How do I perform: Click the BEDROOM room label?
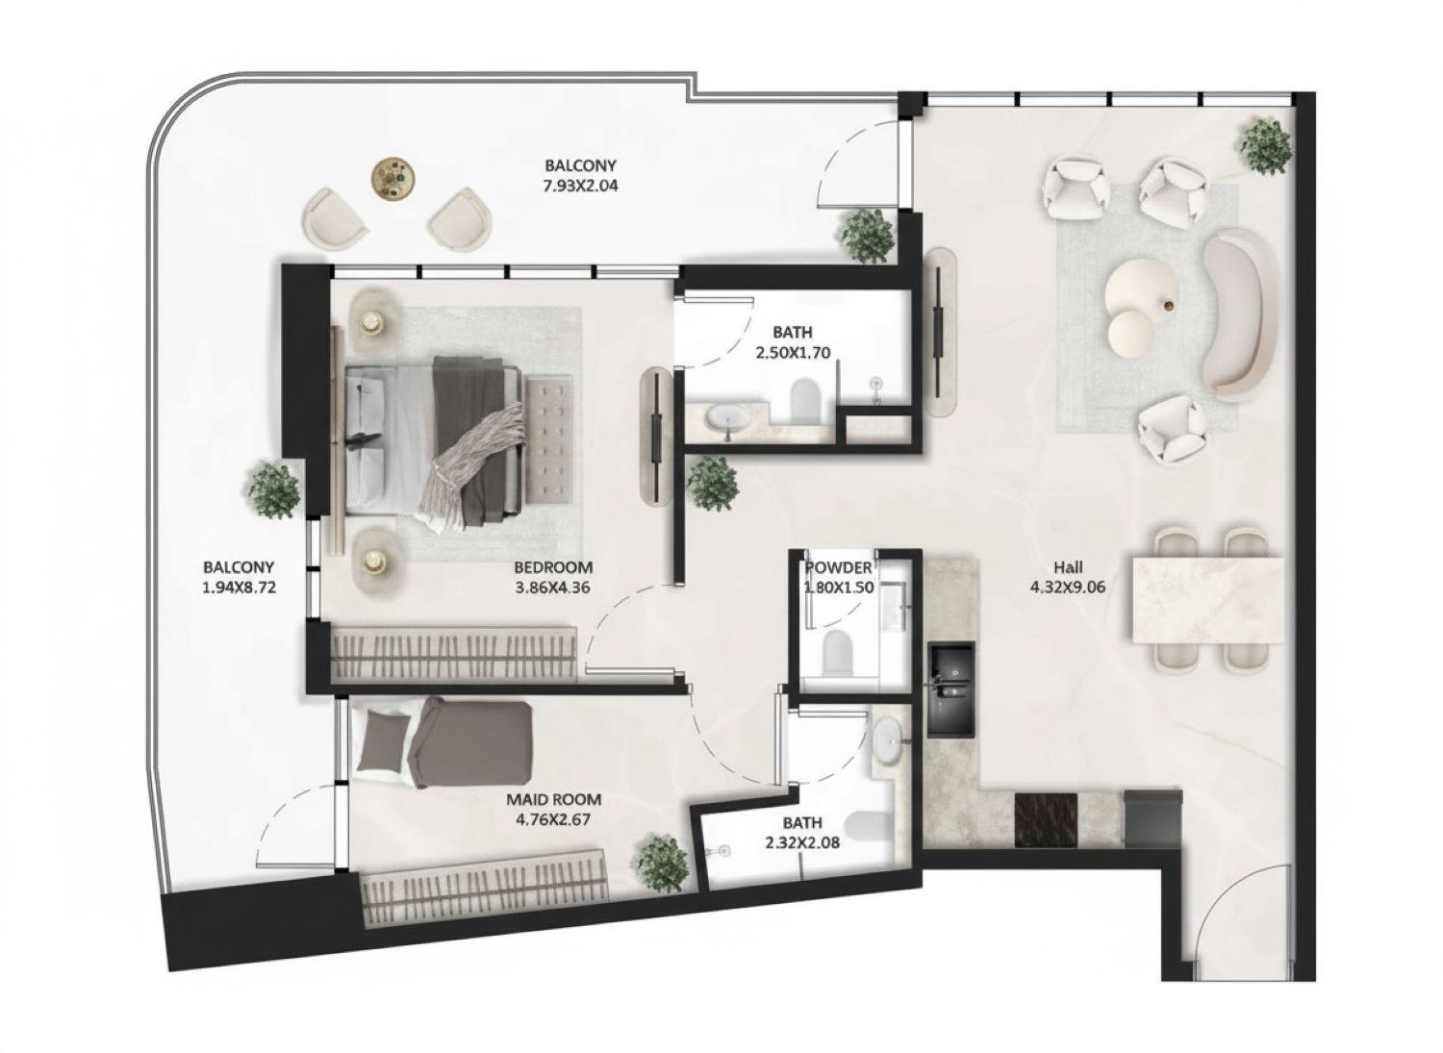552,566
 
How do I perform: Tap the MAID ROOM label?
553,799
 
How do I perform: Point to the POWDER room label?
837,568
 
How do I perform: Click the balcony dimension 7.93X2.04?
579,183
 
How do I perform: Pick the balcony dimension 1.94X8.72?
239,586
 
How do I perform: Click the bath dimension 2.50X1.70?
794,352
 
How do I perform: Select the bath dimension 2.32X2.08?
801,842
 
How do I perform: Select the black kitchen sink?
950,690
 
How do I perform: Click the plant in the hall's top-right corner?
1263,143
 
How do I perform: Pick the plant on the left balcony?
272,489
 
